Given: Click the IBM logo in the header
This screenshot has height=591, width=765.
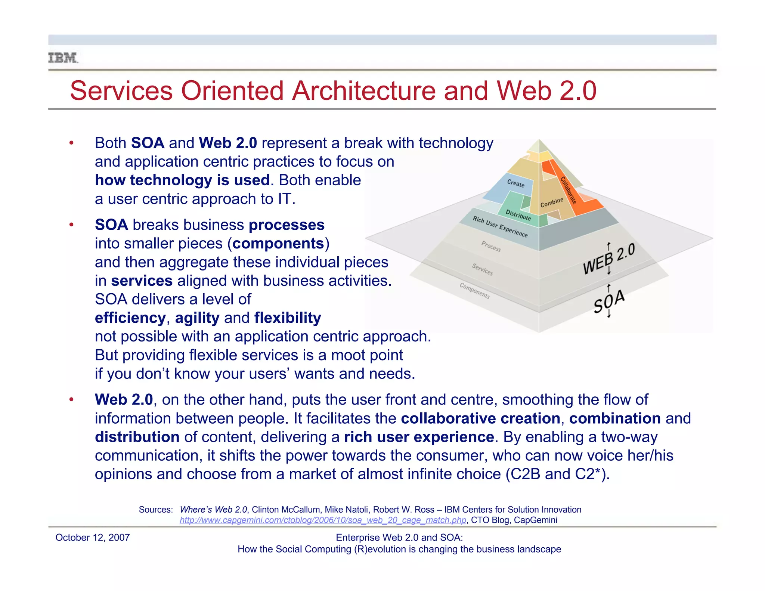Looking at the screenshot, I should (x=63, y=58).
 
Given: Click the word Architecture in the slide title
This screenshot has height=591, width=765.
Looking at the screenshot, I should (x=364, y=91).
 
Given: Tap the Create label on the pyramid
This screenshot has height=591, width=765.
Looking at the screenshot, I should (x=515, y=183).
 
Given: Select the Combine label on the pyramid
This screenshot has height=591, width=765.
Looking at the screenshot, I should (x=552, y=202).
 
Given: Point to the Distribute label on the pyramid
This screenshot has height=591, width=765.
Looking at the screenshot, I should (x=518, y=215).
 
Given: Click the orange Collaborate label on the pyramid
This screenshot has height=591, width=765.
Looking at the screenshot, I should (x=568, y=190).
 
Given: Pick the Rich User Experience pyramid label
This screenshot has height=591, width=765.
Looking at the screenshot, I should (x=500, y=226).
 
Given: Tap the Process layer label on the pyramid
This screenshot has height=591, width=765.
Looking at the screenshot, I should (x=491, y=246).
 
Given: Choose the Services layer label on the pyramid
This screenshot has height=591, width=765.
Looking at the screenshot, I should (x=482, y=269).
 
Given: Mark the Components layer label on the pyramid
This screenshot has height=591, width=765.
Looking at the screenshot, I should (x=474, y=290).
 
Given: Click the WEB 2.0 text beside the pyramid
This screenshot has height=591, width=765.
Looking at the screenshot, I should (x=609, y=259).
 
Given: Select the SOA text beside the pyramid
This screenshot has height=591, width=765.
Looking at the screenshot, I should (x=609, y=301).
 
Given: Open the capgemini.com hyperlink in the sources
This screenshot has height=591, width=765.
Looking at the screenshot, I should (x=323, y=520).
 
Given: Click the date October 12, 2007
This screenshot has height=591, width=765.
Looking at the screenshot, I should (x=92, y=538).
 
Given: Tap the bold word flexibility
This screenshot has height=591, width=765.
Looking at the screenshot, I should (x=288, y=318).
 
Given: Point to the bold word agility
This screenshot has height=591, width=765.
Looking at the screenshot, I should (x=197, y=318).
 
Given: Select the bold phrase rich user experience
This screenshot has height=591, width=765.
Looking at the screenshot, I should (x=419, y=437).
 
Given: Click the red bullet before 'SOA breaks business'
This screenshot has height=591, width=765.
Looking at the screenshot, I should (x=71, y=225).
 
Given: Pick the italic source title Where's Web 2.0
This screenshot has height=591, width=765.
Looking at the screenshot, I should (x=213, y=510).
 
